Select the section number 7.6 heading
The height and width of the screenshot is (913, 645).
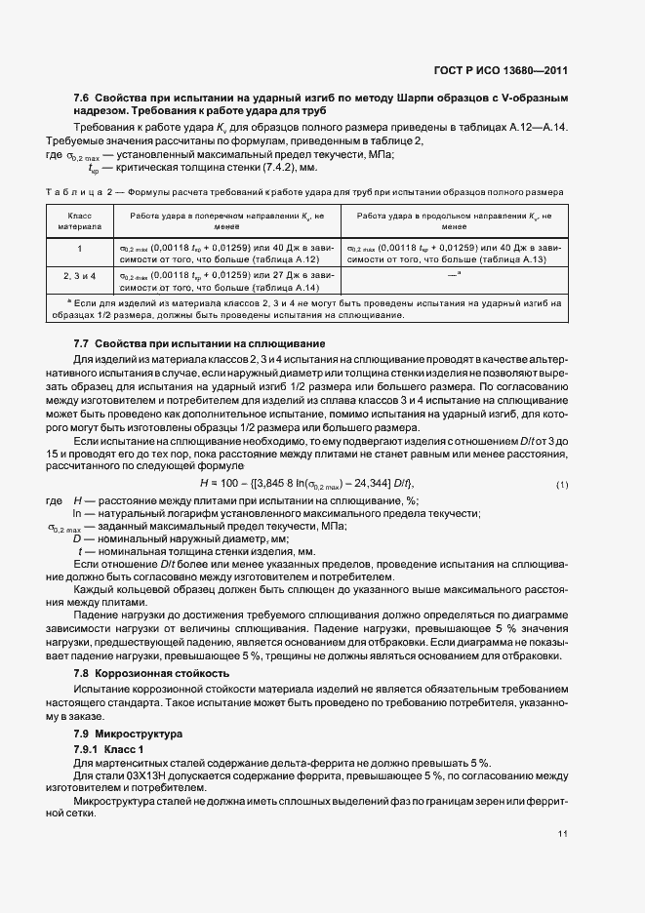82,99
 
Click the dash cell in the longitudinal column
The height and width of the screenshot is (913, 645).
453,276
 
